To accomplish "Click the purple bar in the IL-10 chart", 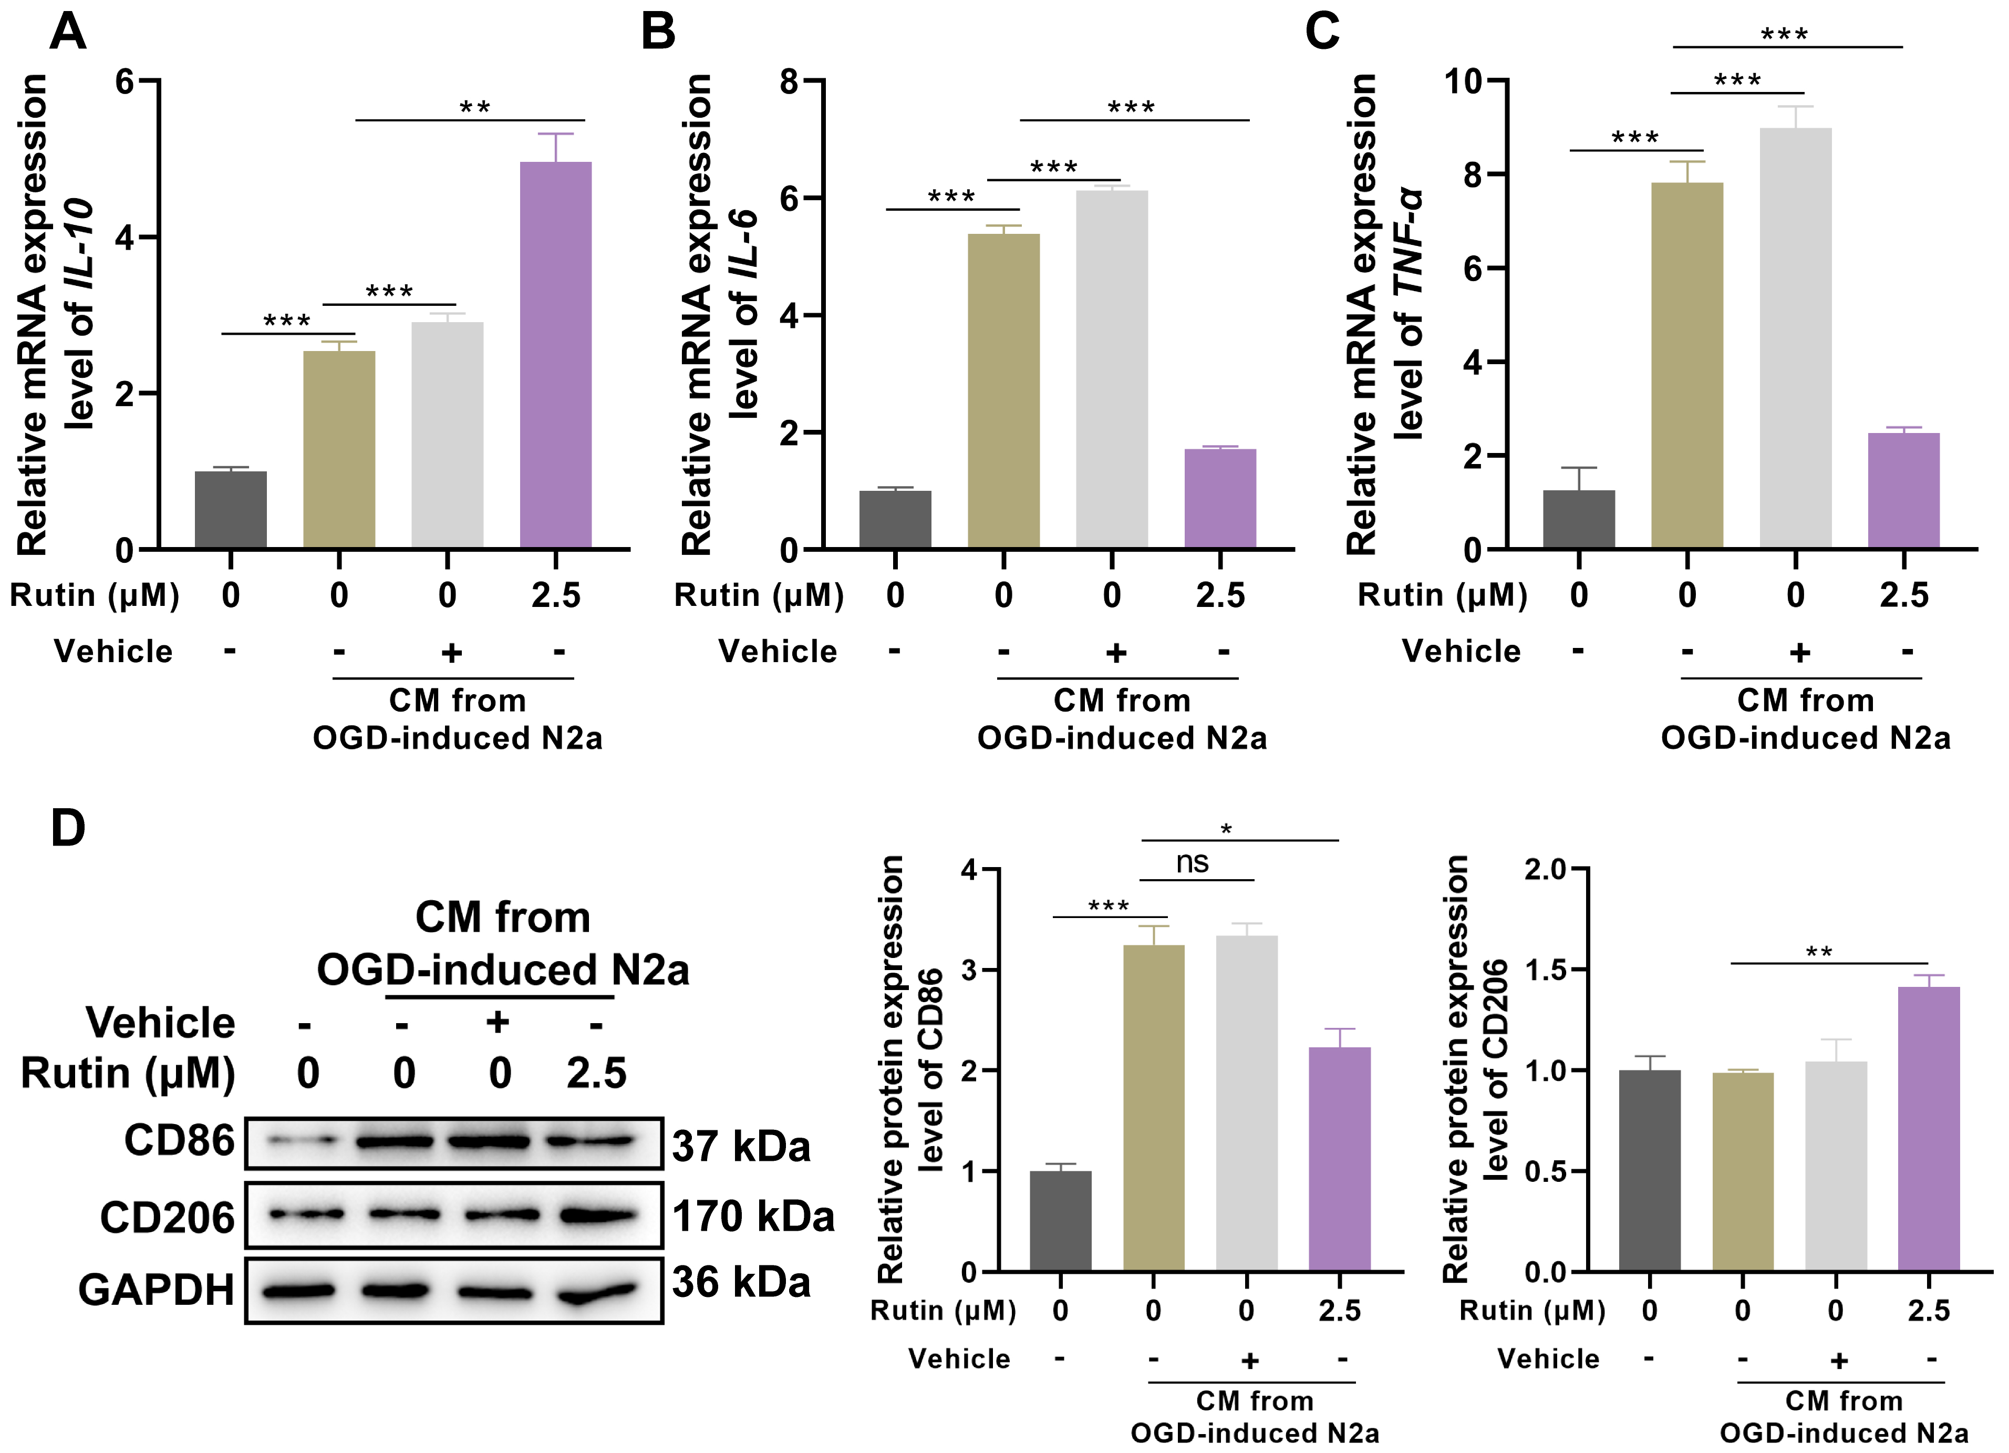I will pos(555,354).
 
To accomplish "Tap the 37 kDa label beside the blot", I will pos(741,1147).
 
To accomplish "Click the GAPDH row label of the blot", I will pos(156,1290).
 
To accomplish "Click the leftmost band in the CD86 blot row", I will pos(304,1142).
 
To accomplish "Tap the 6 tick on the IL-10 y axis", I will pos(125,81).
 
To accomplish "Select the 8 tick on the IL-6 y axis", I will pos(789,81).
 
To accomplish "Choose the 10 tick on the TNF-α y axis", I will pos(1463,81).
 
